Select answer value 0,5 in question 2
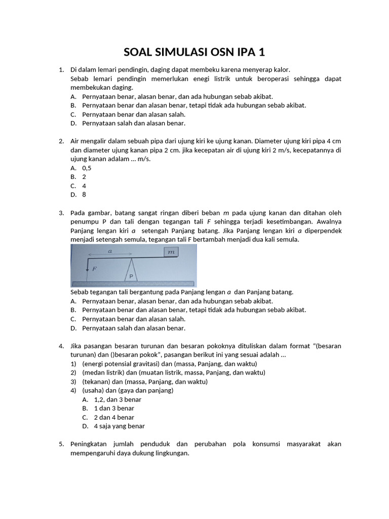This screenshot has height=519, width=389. click(x=87, y=168)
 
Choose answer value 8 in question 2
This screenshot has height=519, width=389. click(x=84, y=195)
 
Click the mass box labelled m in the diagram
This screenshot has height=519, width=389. click(x=171, y=252)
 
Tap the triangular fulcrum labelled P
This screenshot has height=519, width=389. click(x=131, y=270)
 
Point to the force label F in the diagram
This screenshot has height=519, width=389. click(x=94, y=269)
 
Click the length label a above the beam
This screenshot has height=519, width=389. click(x=110, y=251)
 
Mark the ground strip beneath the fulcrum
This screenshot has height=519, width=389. click(x=133, y=283)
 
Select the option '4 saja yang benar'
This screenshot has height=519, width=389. click(x=119, y=426)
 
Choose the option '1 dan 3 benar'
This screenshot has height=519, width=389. click(x=114, y=408)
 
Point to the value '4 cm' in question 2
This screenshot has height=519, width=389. click(x=333, y=141)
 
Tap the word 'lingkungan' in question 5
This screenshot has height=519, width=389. click(x=173, y=453)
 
